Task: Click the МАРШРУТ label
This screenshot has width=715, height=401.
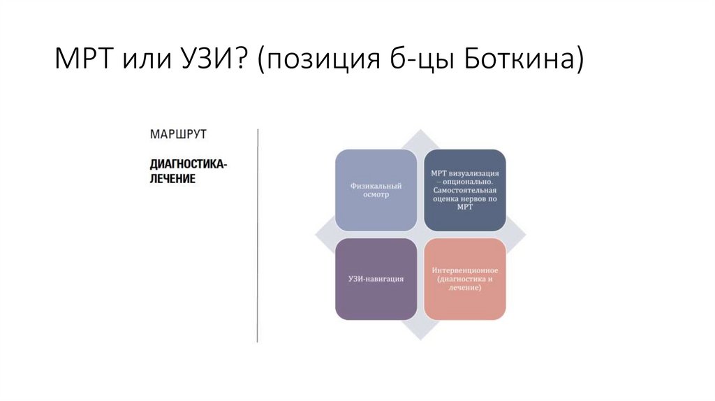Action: [x=179, y=133]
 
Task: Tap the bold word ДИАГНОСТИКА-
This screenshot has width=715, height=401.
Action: [x=189, y=165]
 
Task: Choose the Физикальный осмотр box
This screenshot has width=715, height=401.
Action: [x=376, y=189]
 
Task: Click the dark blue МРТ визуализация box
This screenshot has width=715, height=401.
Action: [x=464, y=189]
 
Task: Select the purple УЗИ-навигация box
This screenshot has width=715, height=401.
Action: [x=376, y=279]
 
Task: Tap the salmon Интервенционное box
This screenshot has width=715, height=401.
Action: [x=464, y=279]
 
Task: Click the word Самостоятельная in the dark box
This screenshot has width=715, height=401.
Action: [x=464, y=189]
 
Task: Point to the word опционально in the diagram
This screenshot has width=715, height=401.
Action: [x=469, y=180]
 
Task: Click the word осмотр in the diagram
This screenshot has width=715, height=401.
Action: [x=376, y=195]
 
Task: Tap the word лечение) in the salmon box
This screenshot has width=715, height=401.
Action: [x=464, y=288]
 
